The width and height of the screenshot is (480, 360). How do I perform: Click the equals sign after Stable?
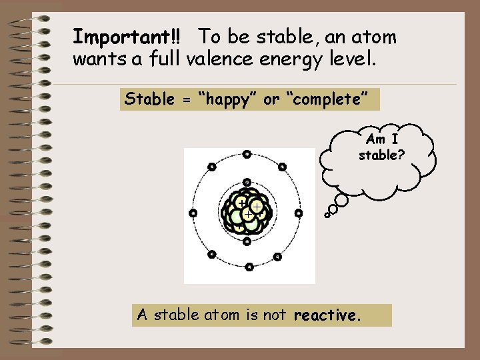tap(187, 100)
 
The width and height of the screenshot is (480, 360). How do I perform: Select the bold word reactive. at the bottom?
tap(327, 315)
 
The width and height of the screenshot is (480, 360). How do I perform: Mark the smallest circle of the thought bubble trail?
tap(327, 215)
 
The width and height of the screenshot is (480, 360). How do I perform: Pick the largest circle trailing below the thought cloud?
tap(341, 199)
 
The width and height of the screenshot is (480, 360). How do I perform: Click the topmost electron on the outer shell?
tap(246, 155)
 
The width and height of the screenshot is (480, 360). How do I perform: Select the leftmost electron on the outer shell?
tap(193, 213)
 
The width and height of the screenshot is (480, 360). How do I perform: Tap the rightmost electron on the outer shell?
tap(299, 213)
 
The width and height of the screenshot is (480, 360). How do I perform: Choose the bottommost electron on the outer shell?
tap(249, 267)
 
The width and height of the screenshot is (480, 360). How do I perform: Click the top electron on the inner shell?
tap(247, 182)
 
